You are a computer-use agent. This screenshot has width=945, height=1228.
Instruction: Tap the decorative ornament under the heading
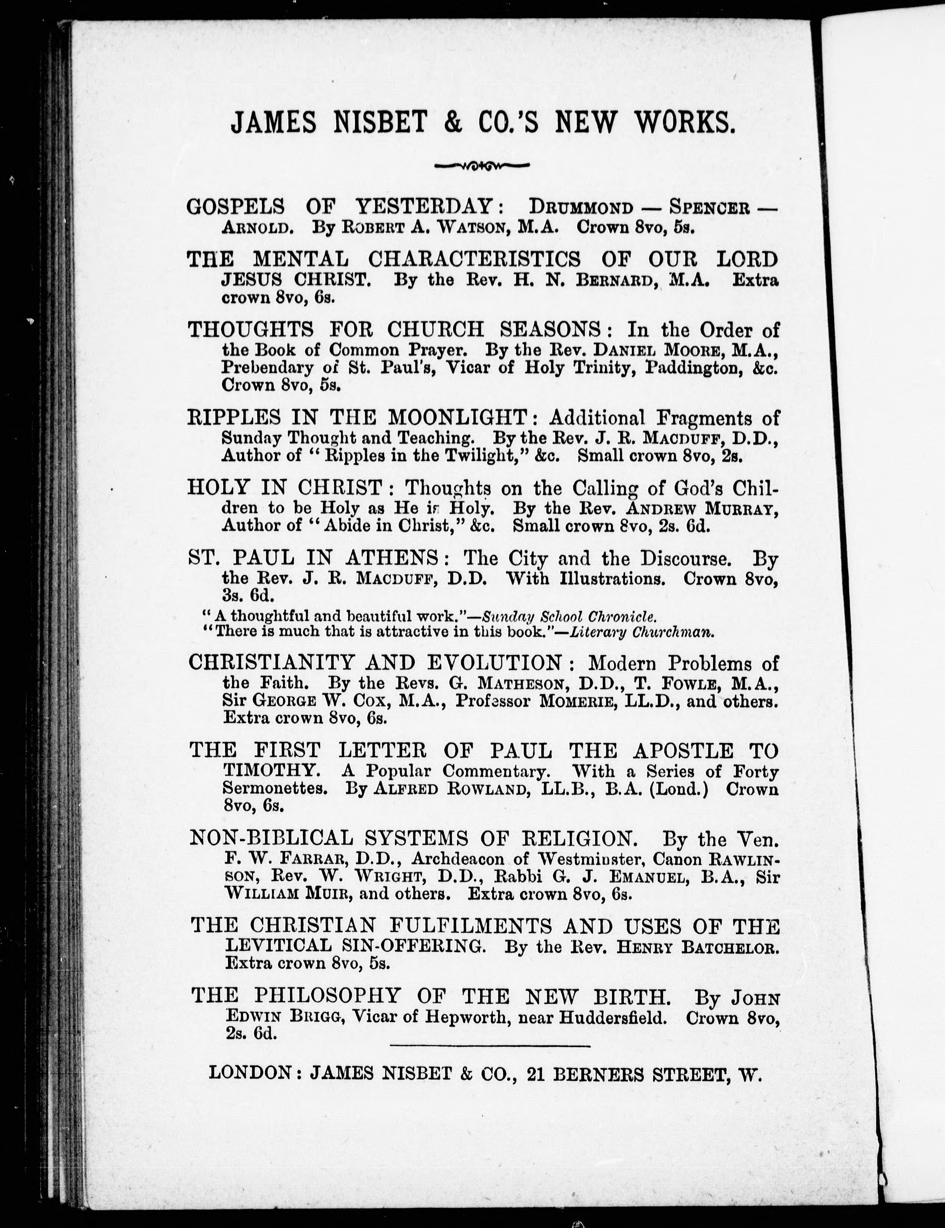click(482, 166)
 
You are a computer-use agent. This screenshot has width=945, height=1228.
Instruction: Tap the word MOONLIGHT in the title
click(458, 418)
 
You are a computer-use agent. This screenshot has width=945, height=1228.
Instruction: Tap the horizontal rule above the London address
click(489, 1046)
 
